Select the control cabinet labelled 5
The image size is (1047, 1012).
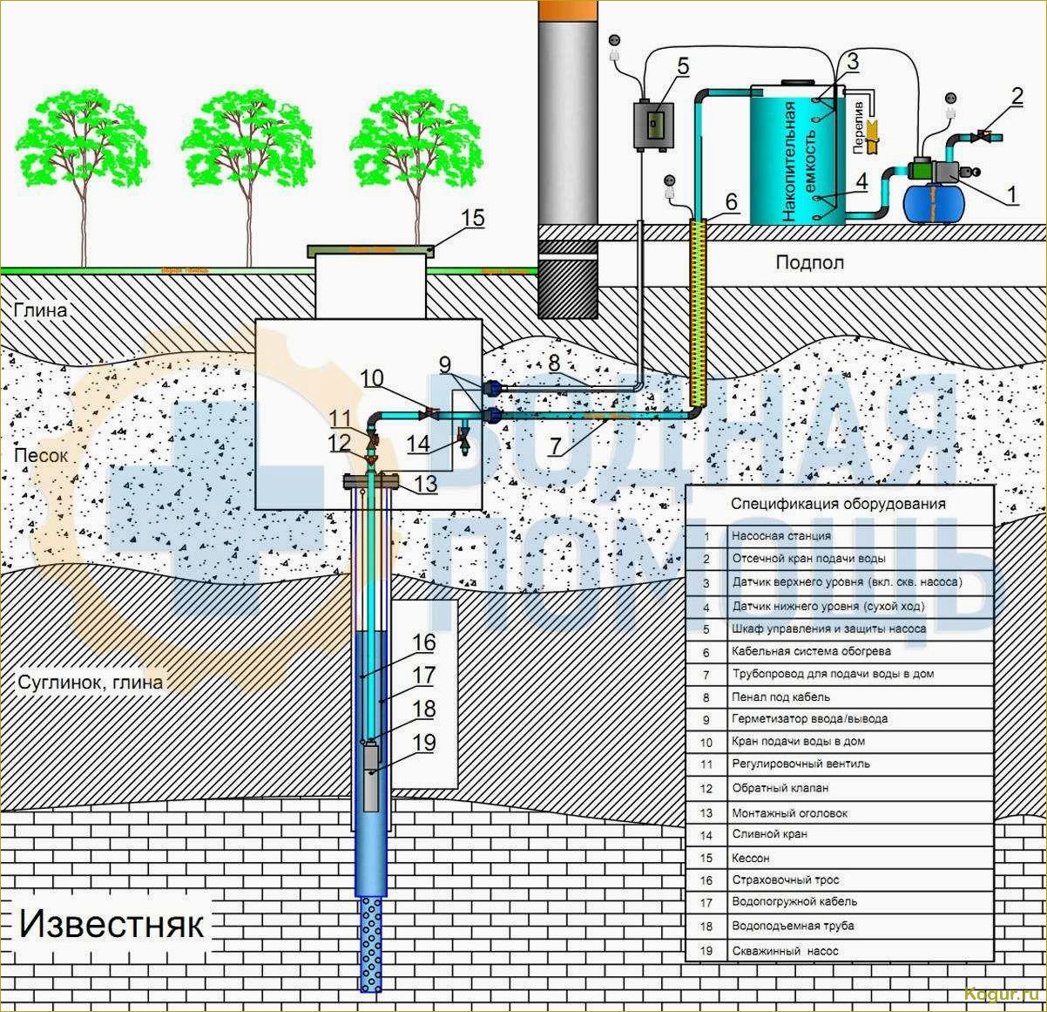[x=656, y=124]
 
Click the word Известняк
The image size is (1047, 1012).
[x=111, y=923]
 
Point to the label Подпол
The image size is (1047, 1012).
[x=809, y=262]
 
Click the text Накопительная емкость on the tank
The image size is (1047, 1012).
[x=799, y=160]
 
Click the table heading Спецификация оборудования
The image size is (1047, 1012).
[x=838, y=504]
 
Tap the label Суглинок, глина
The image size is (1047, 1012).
[x=91, y=683]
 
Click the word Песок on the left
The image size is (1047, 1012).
[x=37, y=456]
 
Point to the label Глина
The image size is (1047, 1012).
[x=40, y=310]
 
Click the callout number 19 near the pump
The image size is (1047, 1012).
[x=423, y=744]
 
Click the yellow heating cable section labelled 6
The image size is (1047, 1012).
[x=697, y=314]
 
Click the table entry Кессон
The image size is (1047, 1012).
[x=751, y=858]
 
